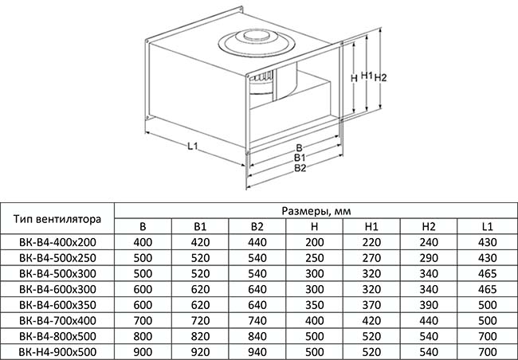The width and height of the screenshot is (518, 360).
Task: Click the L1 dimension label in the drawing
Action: pyautogui.click(x=192, y=146)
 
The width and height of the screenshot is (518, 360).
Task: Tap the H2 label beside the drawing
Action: pyautogui.click(x=380, y=77)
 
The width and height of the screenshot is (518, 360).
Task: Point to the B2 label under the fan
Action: pyautogui.click(x=300, y=168)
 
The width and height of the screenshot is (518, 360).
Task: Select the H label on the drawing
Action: pyautogui.click(x=354, y=78)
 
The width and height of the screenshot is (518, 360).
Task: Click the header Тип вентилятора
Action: pyautogui.click(x=57, y=219)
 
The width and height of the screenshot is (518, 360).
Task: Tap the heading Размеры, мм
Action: pyautogui.click(x=316, y=211)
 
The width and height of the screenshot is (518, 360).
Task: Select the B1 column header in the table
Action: pyautogui.click(x=200, y=226)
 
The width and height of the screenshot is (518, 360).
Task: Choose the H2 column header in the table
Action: pyautogui.click(x=429, y=226)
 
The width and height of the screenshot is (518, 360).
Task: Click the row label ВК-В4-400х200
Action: pyautogui.click(x=57, y=242)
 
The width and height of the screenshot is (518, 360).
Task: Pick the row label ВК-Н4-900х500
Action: pyautogui.click(x=57, y=352)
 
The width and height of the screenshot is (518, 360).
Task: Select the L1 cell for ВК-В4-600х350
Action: pyautogui.click(x=487, y=305)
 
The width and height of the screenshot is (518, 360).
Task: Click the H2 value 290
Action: pyautogui.click(x=429, y=258)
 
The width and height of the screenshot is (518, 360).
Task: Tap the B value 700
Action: pyautogui.click(x=143, y=321)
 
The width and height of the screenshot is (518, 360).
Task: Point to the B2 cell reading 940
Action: pyautogui.click(x=257, y=352)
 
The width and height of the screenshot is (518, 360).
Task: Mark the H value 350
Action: pyautogui.click(x=314, y=305)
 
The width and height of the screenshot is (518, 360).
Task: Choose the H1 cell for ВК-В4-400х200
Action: pyautogui.click(x=371, y=242)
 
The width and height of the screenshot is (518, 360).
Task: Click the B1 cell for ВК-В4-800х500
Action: pyautogui.click(x=200, y=336)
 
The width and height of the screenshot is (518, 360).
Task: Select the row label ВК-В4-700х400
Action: pyautogui.click(x=57, y=321)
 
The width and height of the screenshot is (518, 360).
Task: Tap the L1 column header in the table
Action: pyautogui.click(x=487, y=226)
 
